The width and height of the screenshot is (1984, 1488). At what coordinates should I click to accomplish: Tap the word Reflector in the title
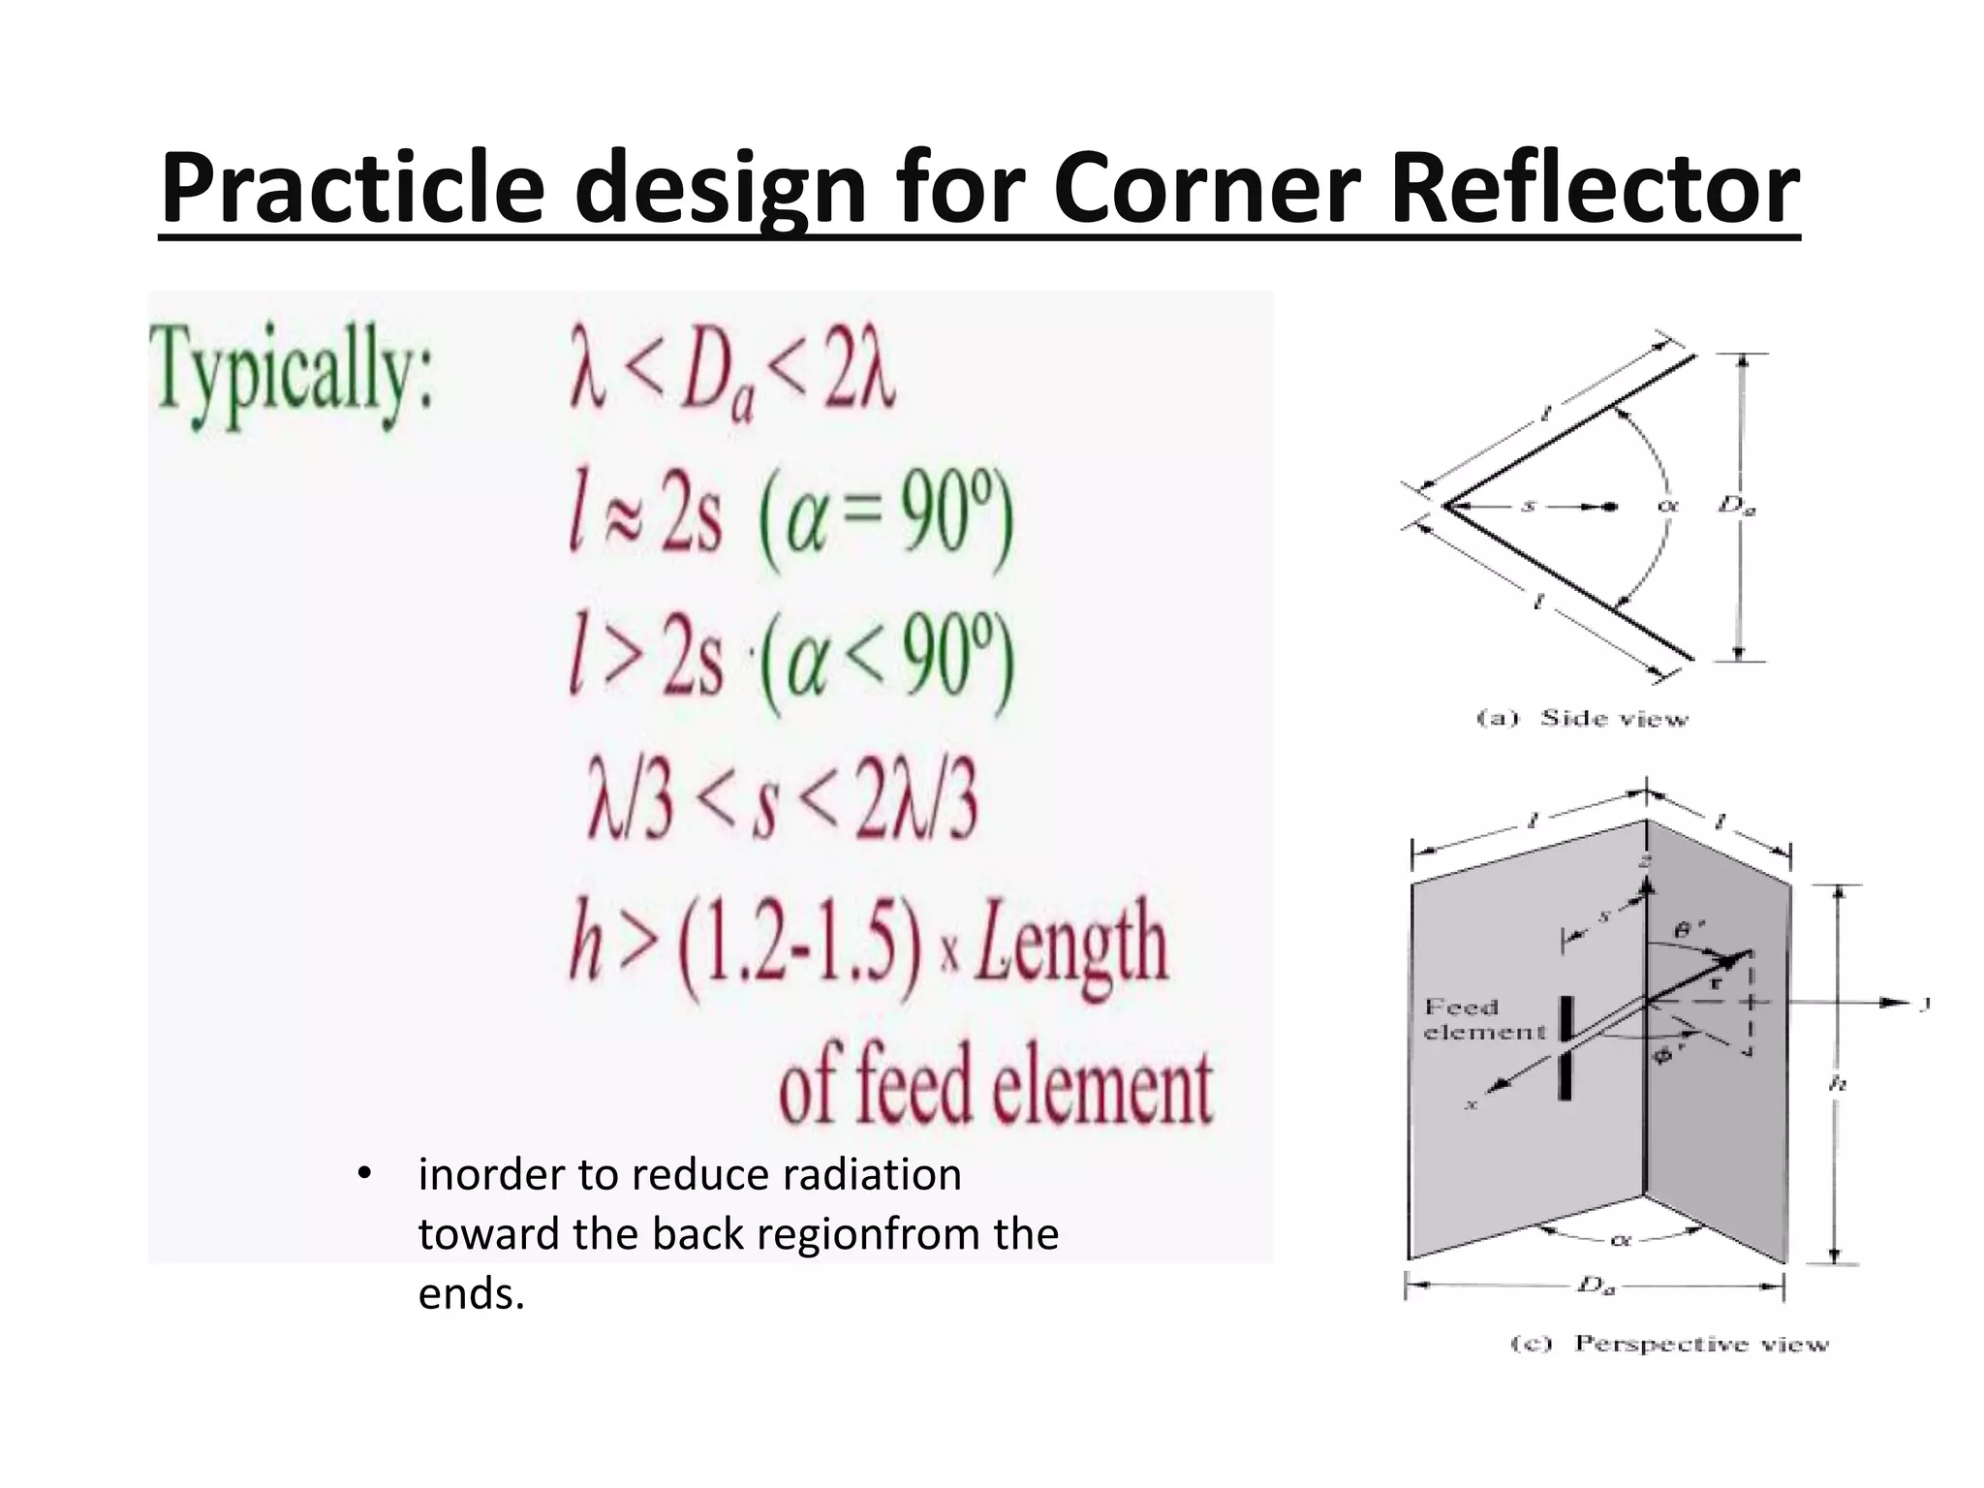pyautogui.click(x=1594, y=188)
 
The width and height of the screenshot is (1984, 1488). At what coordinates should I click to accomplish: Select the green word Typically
pyautogui.click(x=291, y=377)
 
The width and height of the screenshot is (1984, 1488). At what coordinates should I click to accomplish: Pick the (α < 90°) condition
pyautogui.click(x=886, y=663)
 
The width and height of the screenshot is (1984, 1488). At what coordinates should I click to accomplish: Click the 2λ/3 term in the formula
pyautogui.click(x=914, y=803)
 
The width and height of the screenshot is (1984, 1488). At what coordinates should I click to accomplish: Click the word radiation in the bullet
pyautogui.click(x=872, y=1174)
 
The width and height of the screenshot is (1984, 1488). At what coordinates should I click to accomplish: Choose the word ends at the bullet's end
pyautogui.click(x=471, y=1293)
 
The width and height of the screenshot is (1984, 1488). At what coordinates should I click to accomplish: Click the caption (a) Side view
pyautogui.click(x=1582, y=718)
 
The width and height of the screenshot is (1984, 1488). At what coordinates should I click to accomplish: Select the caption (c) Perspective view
pyautogui.click(x=1670, y=1344)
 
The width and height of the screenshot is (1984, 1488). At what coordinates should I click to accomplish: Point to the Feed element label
pyautogui.click(x=1483, y=1019)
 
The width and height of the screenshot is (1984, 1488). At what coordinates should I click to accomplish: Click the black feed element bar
pyautogui.click(x=1565, y=1048)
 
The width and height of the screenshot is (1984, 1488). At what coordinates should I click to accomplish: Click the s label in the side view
pyautogui.click(x=1528, y=505)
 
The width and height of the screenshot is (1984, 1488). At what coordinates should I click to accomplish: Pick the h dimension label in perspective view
pyautogui.click(x=1837, y=1084)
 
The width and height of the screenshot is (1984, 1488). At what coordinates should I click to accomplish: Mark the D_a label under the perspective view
pyautogui.click(x=1596, y=1286)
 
